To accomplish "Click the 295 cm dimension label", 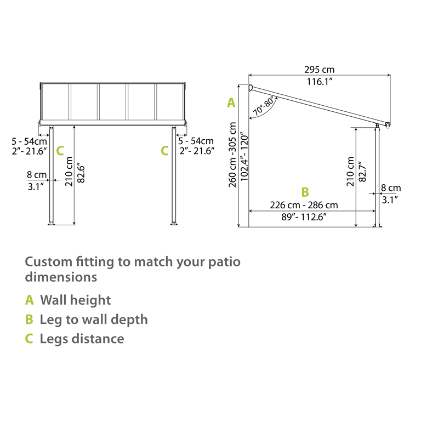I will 319,70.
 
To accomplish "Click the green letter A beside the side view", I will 231,103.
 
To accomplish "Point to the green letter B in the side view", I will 305,192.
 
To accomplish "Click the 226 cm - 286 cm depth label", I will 304,205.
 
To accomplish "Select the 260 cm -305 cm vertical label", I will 233,155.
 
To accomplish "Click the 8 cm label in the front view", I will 37,175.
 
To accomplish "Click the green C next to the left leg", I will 60,150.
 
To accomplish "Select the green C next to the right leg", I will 164,150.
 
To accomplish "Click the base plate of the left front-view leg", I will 51,223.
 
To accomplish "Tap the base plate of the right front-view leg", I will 174,223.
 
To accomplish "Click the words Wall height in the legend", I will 75,300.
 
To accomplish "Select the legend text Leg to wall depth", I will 94,320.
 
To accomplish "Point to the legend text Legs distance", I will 82,339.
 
